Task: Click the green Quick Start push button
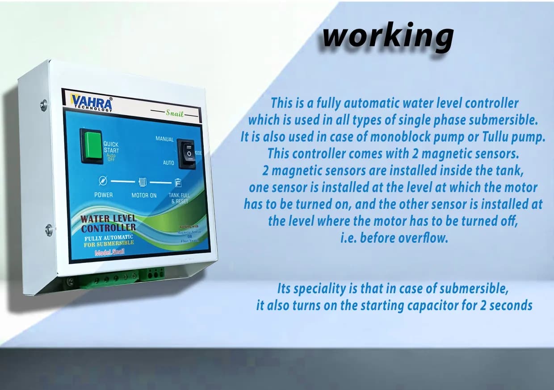[91, 145]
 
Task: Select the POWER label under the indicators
[103, 195]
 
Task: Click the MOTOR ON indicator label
[144, 195]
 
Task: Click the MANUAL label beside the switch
[164, 139]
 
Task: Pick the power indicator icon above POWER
[103, 181]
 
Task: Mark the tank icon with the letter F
[177, 183]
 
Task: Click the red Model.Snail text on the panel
[109, 253]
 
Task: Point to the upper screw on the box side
[44, 105]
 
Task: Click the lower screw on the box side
[49, 230]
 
